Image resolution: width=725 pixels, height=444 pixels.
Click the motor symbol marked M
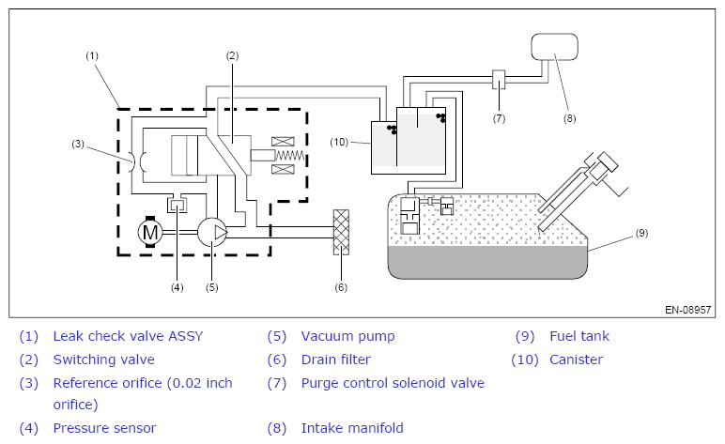coord(150,232)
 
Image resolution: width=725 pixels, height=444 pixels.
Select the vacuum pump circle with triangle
coord(212,232)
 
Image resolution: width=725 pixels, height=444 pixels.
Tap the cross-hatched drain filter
coord(341,232)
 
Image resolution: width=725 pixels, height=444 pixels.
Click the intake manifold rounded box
coord(554,47)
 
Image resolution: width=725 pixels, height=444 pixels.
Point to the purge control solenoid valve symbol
coord(499,80)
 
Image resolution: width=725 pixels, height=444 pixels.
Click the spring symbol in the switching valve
coord(290,156)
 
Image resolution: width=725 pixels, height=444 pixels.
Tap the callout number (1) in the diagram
coord(92,56)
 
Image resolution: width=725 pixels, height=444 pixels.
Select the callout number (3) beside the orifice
coord(78,144)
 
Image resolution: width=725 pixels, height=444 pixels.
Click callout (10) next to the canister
coord(339,142)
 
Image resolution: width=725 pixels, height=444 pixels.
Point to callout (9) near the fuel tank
coord(641,233)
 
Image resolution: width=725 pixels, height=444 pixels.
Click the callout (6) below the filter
coord(341,287)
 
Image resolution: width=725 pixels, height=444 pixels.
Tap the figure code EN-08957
coord(687,310)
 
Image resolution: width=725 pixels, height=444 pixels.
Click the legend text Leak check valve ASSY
coord(128,336)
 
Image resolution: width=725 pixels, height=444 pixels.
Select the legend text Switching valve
coord(104,360)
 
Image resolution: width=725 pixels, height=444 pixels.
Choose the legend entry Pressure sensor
coord(104,428)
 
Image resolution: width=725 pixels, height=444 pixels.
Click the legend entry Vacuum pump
coord(347,336)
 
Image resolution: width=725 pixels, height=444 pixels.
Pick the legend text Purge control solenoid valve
coord(393,383)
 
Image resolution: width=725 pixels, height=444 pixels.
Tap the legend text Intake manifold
coord(352,428)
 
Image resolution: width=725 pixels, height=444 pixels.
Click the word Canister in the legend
coord(576,360)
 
